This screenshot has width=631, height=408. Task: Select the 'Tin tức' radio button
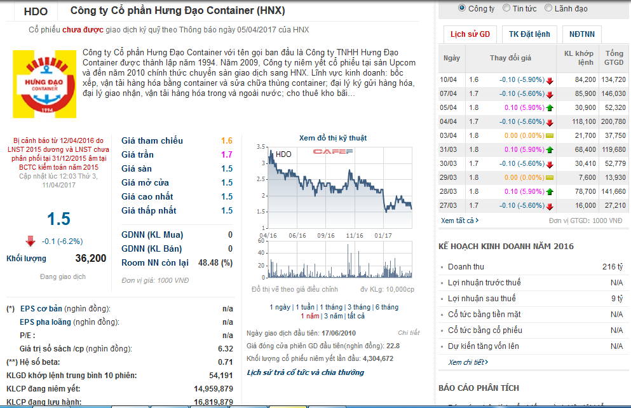point(506,8)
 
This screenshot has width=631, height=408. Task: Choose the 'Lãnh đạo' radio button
point(548,8)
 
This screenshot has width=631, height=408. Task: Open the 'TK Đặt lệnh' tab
point(529,34)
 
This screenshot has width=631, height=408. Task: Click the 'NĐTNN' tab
point(582,34)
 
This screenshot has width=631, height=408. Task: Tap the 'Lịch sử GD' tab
point(470,34)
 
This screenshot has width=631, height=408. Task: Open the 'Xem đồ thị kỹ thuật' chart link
point(332,138)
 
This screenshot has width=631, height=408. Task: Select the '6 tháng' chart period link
point(386,307)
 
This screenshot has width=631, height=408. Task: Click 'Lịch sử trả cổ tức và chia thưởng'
point(305,372)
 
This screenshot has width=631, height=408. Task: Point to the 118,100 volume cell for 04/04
point(585,121)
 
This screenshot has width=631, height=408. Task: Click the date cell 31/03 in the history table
point(449,149)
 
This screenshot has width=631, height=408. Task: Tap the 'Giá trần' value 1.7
point(227,154)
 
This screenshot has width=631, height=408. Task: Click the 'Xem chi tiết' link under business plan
point(468,362)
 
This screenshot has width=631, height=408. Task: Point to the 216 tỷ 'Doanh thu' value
point(613,267)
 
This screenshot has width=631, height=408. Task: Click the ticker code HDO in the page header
point(36,11)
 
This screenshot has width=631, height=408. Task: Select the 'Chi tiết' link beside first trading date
point(409,332)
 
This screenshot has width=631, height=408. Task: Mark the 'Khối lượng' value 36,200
point(91,258)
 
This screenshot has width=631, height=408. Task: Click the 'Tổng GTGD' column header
point(614,58)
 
